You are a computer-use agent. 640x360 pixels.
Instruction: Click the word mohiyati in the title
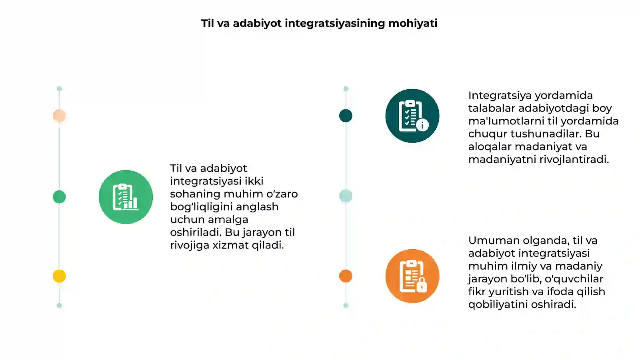(x=412, y=24)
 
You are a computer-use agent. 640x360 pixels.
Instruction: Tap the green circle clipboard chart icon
(x=126, y=197)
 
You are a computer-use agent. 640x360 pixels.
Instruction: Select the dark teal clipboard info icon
(x=412, y=116)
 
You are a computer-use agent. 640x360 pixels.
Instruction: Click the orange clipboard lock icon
(x=412, y=276)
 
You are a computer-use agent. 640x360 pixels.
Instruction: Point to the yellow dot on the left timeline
(x=59, y=276)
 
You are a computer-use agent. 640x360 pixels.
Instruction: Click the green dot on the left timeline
(x=59, y=197)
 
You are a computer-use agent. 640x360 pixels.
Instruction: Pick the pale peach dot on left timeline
(x=59, y=116)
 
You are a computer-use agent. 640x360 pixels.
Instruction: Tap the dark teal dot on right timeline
(x=346, y=116)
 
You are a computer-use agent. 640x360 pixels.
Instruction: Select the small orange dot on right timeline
(x=346, y=276)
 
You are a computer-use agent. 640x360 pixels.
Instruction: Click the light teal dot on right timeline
(x=346, y=196)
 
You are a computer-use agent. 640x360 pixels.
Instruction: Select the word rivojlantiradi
(x=574, y=160)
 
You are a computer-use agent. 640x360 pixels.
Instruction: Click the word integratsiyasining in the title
(x=335, y=24)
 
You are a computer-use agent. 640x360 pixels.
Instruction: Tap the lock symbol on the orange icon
(x=422, y=285)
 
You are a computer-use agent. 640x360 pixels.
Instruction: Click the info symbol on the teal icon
(x=422, y=125)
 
